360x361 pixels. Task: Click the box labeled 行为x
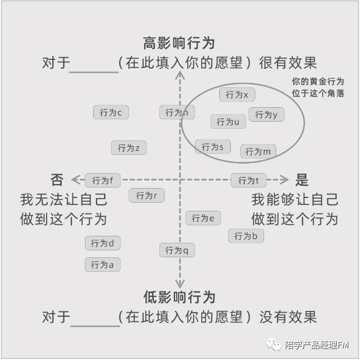coord(237,94)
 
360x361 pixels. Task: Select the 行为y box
coord(266,115)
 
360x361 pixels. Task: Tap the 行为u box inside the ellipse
coord(228,122)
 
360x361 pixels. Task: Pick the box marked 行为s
coord(212,147)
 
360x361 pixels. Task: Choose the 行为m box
coord(258,151)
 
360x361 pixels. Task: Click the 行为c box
coord(111,112)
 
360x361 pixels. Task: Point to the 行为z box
coord(129,148)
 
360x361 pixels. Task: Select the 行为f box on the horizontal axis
coord(103,180)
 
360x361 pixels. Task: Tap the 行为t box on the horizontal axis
coord(248,180)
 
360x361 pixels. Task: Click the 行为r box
coord(146,196)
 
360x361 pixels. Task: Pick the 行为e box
coord(203,218)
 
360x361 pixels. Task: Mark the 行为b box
coord(245,236)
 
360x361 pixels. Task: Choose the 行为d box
coord(103,243)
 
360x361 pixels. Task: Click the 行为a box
coord(102,265)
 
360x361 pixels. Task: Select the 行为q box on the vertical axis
coord(177,250)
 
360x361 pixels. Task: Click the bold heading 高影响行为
coord(179,43)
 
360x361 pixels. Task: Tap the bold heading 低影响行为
coord(179,297)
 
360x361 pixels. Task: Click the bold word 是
coord(302,180)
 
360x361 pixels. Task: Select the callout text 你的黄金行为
coord(318,82)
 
